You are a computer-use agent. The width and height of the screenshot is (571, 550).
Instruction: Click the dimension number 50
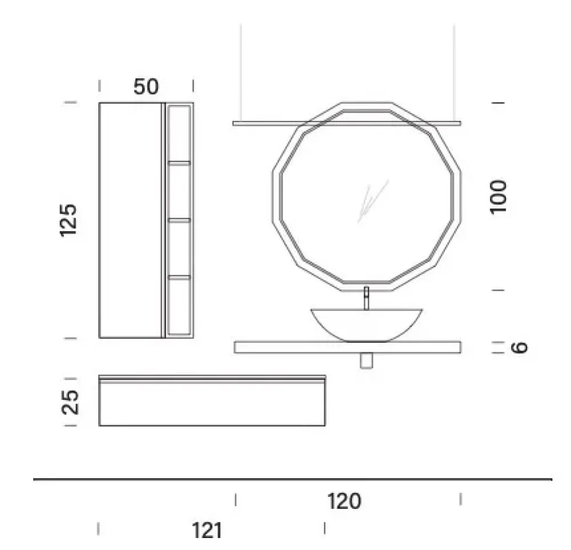click(146, 87)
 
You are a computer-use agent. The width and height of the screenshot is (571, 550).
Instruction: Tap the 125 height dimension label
click(69, 220)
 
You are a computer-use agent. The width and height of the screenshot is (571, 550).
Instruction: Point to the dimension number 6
click(519, 347)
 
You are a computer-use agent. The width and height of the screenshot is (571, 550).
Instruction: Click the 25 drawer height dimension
click(70, 403)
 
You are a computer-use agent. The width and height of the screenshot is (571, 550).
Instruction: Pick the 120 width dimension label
click(344, 501)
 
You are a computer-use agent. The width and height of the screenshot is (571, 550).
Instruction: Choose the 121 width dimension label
click(207, 531)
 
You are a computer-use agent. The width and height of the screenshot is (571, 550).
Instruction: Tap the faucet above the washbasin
click(367, 298)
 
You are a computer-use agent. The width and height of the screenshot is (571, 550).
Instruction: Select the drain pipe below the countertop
click(367, 360)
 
